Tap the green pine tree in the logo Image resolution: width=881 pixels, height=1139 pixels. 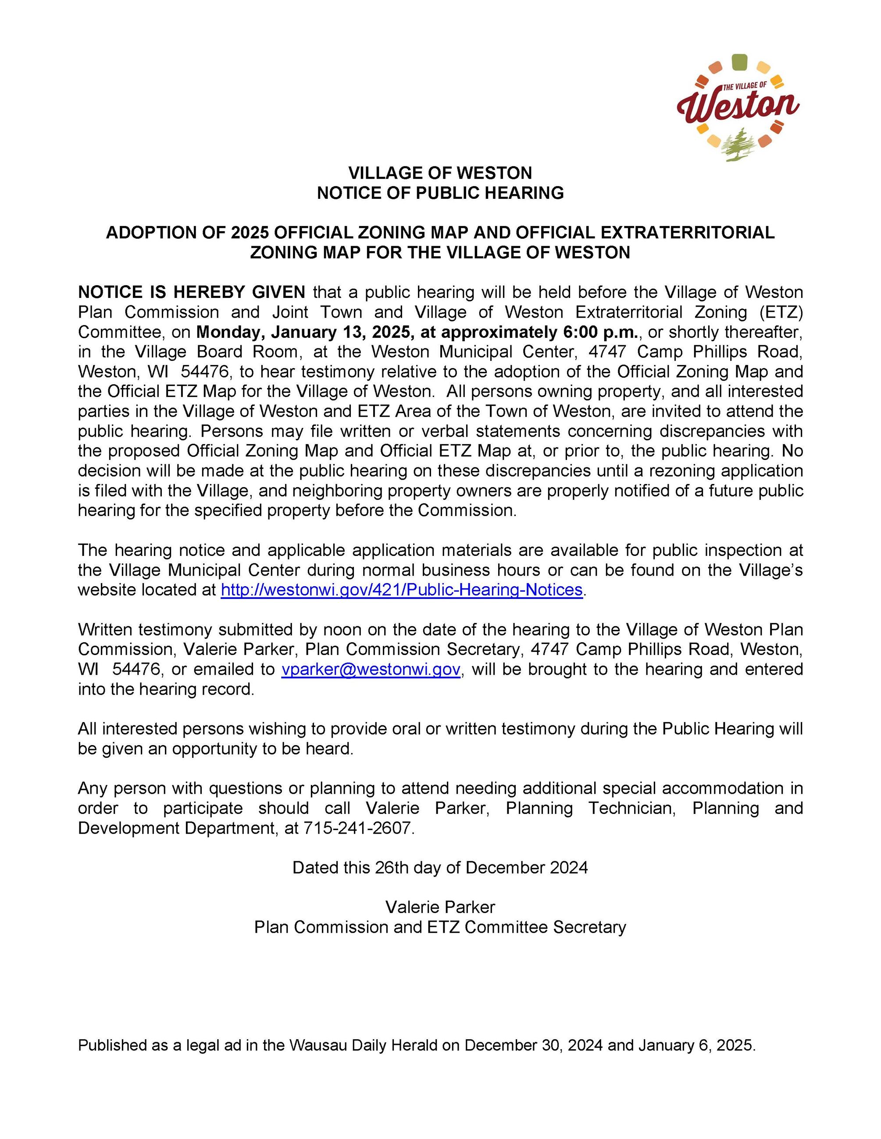[738, 145]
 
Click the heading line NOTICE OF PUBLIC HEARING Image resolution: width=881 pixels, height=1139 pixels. [440, 193]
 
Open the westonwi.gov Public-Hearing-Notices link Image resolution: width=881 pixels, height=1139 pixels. [401, 589]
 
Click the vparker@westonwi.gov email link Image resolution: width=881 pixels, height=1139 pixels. [371, 669]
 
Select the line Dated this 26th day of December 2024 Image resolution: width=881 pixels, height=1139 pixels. [440, 867]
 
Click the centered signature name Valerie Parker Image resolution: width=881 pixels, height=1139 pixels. [440, 907]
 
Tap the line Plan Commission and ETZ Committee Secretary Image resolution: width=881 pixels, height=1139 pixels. [440, 927]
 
